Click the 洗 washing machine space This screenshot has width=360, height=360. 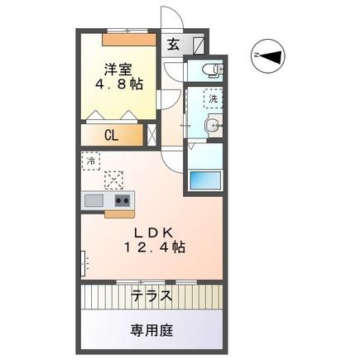click(x=213, y=98)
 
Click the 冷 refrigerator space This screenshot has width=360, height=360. click(x=89, y=161)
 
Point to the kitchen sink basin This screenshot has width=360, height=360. click(x=93, y=200)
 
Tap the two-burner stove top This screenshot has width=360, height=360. click(x=122, y=200)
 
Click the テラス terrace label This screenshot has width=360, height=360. click(x=151, y=295)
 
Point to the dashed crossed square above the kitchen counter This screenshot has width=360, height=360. click(x=113, y=179)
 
